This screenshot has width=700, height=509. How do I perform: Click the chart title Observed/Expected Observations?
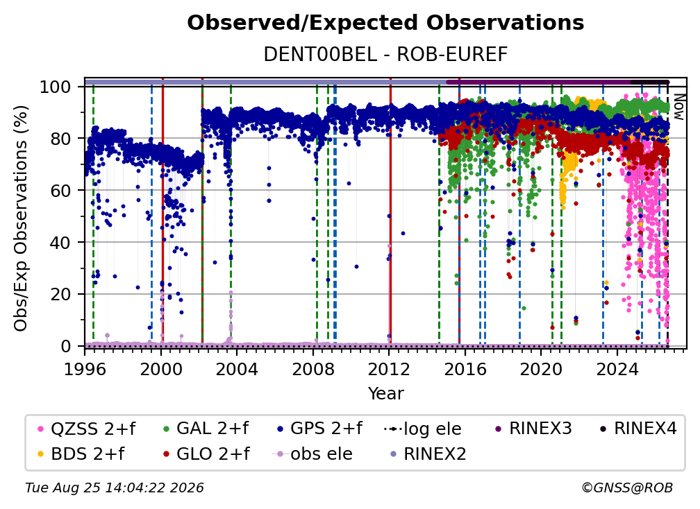385,23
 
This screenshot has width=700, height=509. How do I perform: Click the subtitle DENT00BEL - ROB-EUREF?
385,55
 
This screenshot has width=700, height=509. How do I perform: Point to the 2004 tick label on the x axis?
237,369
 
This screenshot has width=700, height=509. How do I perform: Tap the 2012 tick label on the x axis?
389,369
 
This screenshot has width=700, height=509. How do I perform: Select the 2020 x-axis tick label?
540,369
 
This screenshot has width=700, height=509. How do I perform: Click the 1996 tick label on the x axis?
85,369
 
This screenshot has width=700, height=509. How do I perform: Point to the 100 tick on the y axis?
55,87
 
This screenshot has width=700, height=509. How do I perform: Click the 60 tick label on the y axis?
60,190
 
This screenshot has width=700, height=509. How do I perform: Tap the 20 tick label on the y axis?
60,294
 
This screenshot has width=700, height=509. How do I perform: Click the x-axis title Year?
385,394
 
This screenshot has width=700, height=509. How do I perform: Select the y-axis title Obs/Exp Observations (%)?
21,218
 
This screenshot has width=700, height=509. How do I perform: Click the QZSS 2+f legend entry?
87,429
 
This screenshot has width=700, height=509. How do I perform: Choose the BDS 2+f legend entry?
81,454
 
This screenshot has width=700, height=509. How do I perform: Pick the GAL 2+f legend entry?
206,429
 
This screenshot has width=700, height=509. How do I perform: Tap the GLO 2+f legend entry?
206,454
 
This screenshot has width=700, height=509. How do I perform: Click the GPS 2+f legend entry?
319,429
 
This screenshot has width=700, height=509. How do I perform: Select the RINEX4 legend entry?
638,429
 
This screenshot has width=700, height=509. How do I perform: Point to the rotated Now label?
678,107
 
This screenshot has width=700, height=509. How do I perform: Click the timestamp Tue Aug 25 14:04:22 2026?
115,488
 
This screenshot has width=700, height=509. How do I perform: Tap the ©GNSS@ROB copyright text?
627,488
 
